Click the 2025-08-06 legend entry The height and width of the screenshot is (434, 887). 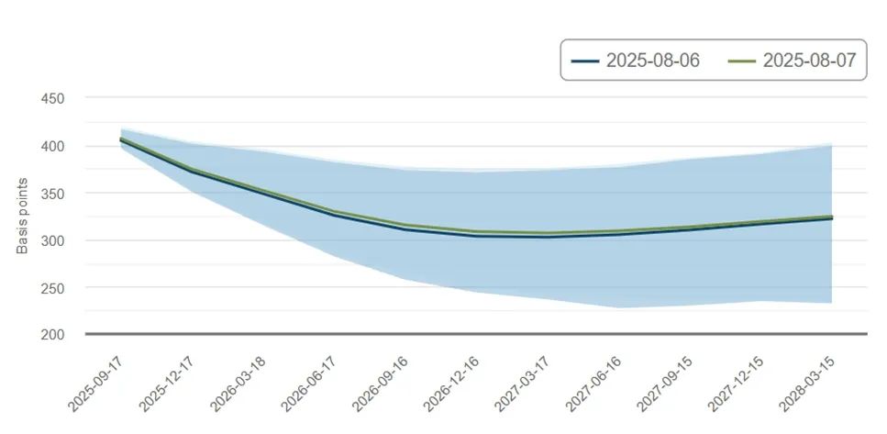[636, 61]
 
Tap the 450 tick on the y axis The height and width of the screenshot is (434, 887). [53, 99]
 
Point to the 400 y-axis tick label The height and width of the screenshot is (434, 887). [53, 147]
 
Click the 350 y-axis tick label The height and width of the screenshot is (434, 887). [53, 194]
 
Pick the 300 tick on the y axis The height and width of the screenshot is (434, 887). [53, 240]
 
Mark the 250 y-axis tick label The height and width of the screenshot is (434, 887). [53, 288]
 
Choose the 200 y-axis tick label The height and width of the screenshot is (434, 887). [53, 335]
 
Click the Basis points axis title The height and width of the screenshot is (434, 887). [23, 217]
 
